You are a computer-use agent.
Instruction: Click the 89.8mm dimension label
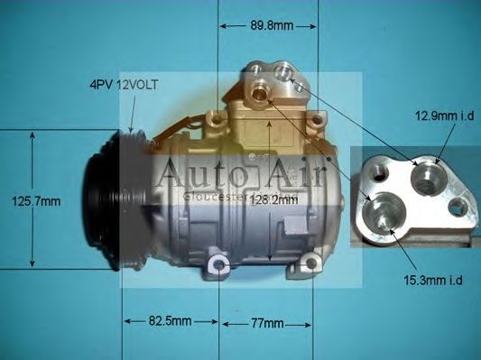270,25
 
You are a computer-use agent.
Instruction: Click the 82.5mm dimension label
169,321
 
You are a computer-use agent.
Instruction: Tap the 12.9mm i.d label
444,115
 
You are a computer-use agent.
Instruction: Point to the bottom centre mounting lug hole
217,264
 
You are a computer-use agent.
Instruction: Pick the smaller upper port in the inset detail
423,175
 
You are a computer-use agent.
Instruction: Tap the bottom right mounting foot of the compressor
313,264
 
